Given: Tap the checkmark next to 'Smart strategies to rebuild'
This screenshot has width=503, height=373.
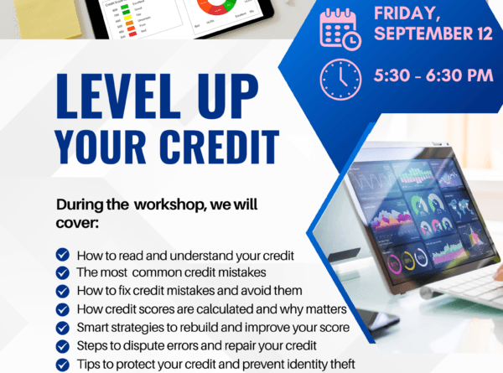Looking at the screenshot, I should click(x=62, y=327).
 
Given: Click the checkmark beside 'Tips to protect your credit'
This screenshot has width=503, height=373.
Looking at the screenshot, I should click(x=62, y=364).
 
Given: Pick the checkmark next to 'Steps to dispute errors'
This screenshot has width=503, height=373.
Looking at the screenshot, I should click(x=62, y=345).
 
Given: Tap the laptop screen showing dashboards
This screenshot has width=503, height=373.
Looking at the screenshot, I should click(x=411, y=214).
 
